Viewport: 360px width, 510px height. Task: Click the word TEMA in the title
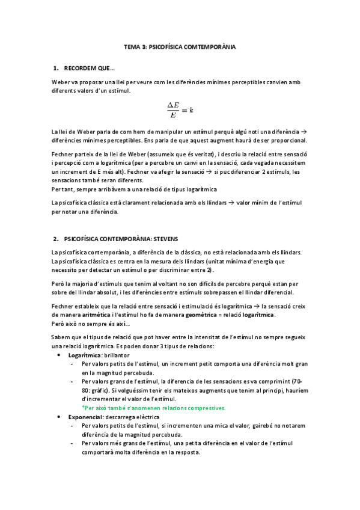[x=132, y=46]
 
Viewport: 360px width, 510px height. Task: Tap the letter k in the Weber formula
[x=191, y=110]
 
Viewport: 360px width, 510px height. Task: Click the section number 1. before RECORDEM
[x=55, y=68]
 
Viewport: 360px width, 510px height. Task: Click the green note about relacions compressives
[x=153, y=408]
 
